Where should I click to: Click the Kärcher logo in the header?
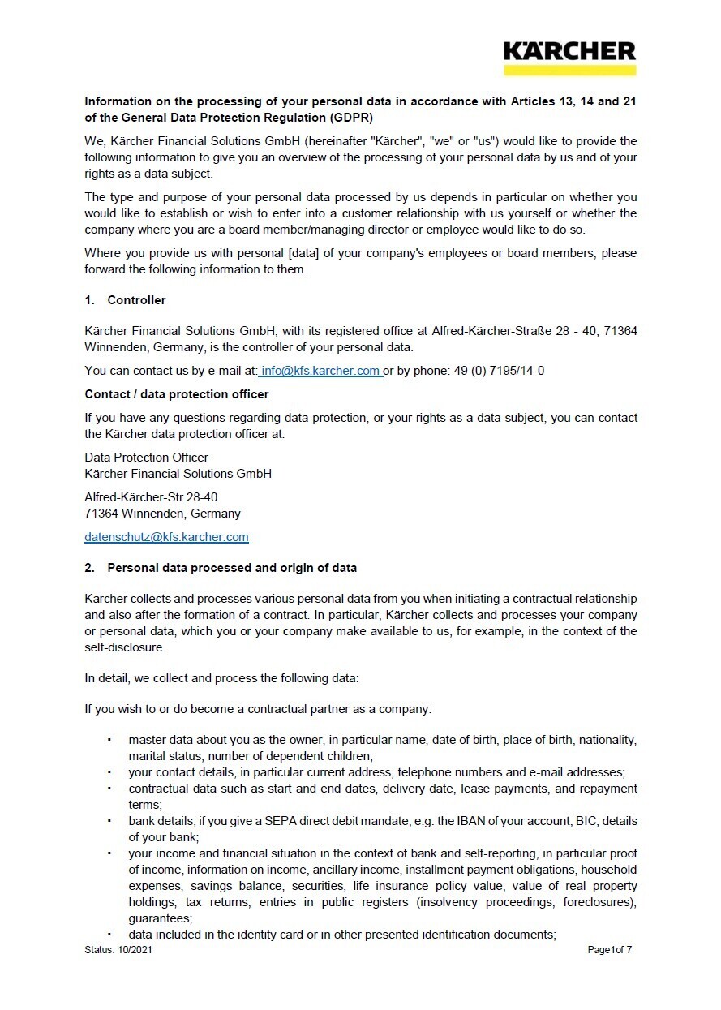pyautogui.click(x=569, y=52)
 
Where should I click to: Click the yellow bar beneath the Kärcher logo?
pyautogui.click(x=569, y=71)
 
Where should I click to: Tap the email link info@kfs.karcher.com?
pyautogui.click(x=320, y=371)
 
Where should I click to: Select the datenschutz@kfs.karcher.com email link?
pyautogui.click(x=166, y=537)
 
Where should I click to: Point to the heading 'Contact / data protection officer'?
pyautogui.click(x=177, y=394)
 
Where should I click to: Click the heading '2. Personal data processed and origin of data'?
pyautogui.click(x=221, y=568)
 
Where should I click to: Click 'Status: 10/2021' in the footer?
pyautogui.click(x=118, y=950)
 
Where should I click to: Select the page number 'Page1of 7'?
pyautogui.click(x=609, y=950)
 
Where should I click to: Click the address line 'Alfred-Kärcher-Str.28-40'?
pyautogui.click(x=151, y=496)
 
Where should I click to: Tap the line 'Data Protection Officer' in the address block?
pyautogui.click(x=146, y=458)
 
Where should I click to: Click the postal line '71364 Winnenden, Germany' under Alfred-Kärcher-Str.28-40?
pyautogui.click(x=162, y=514)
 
